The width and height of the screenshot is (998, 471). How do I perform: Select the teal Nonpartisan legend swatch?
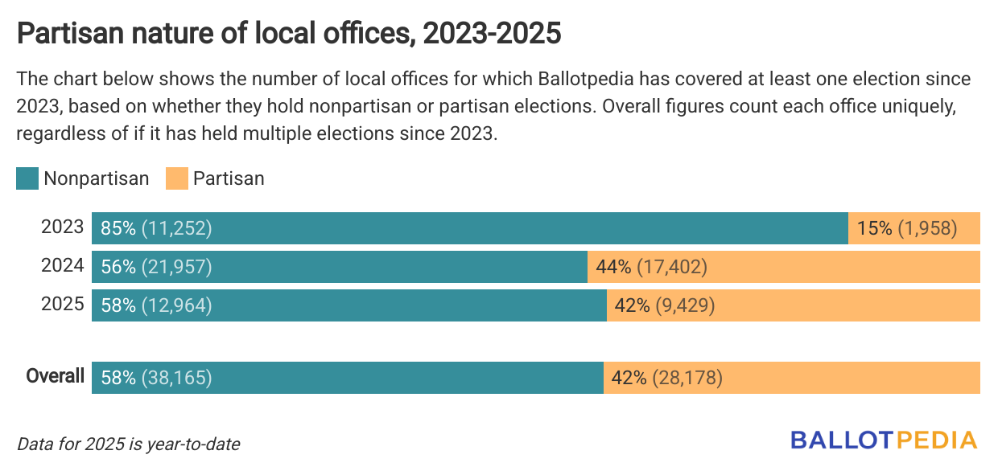[27, 178]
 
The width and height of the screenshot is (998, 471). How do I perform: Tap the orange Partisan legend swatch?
[176, 178]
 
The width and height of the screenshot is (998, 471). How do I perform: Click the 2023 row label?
[62, 227]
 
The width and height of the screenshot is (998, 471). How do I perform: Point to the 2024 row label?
[62, 266]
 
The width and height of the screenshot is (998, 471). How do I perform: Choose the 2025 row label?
[62, 305]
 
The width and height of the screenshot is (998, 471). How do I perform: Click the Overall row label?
[55, 376]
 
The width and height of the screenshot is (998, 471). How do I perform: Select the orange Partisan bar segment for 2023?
[913, 228]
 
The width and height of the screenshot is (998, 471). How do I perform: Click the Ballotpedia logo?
[883, 440]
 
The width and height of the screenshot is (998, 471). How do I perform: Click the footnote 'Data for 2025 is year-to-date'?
[128, 444]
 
